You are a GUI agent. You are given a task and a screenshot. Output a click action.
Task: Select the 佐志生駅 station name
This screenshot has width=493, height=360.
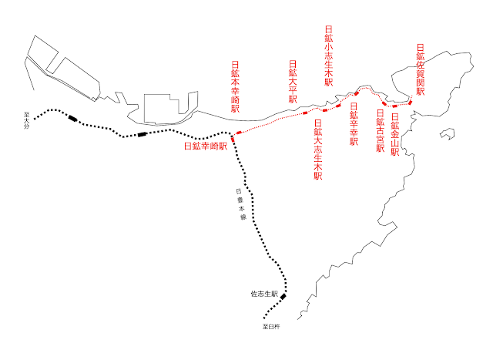[x=263, y=294]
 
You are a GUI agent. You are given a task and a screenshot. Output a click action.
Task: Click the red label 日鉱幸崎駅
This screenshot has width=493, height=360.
[x=205, y=145]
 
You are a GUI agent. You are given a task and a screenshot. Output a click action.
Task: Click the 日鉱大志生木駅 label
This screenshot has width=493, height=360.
[x=318, y=150]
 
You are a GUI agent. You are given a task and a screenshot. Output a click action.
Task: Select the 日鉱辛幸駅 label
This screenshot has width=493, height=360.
[x=354, y=124]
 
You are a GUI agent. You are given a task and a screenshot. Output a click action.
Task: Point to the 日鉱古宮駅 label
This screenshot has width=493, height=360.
[x=380, y=132]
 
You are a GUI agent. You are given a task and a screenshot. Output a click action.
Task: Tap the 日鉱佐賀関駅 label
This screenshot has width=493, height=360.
[x=421, y=69]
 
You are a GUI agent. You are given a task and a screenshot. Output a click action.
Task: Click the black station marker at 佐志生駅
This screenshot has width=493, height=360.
[x=283, y=297]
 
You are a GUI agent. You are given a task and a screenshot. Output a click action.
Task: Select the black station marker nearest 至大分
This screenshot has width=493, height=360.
[x=72, y=118]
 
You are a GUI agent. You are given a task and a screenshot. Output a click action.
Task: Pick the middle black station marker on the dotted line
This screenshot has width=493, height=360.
[x=142, y=135]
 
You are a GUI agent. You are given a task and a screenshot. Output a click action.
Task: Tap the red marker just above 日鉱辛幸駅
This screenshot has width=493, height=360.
[x=356, y=94]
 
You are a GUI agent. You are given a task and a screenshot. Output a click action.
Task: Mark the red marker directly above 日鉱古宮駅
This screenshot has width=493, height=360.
[x=384, y=103]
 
